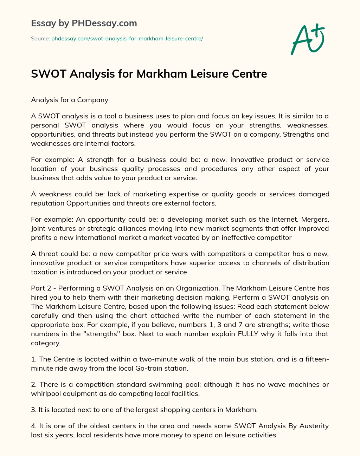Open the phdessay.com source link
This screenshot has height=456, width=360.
click(127, 39)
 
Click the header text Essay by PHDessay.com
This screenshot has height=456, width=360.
click(84, 24)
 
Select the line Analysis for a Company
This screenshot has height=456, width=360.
click(70, 100)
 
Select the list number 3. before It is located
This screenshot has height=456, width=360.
click(34, 410)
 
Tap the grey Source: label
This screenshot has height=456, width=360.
click(40, 39)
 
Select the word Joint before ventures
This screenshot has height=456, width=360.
click(38, 228)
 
